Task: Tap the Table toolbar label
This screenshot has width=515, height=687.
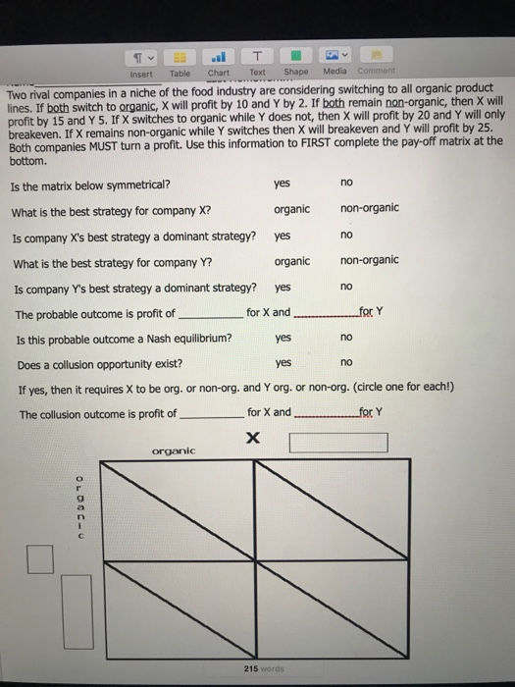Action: point(180,74)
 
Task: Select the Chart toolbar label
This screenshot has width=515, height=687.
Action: point(219,74)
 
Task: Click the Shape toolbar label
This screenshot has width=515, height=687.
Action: point(295,74)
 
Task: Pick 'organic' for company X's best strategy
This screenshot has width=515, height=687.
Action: point(292,209)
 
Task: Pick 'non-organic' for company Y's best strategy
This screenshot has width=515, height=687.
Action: point(369,260)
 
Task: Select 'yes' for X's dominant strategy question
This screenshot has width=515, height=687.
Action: point(283,236)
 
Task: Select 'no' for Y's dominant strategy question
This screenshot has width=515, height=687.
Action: point(345,288)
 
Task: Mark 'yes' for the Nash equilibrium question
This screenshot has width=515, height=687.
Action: point(284,338)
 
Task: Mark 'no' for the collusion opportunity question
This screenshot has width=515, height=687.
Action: point(345,363)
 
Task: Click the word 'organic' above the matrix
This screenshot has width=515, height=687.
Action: point(176,451)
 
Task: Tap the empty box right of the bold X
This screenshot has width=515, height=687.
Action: point(338,443)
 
